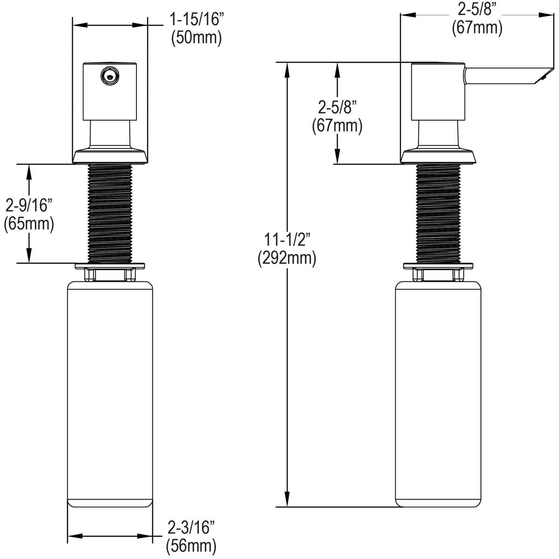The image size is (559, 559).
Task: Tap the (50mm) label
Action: point(196,38)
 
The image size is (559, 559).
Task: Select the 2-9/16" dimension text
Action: point(29,205)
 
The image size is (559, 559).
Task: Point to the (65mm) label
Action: point(29,224)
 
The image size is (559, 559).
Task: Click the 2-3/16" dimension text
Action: point(191,527)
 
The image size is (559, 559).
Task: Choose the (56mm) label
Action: point(191,544)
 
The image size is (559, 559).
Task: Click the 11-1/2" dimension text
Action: point(287,240)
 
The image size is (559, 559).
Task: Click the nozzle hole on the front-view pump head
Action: point(110,75)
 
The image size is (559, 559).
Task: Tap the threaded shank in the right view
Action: point(438,214)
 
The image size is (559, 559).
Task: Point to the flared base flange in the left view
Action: point(110,155)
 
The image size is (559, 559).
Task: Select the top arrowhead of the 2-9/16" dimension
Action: point(29,170)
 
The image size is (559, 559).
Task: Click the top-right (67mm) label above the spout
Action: point(477,28)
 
